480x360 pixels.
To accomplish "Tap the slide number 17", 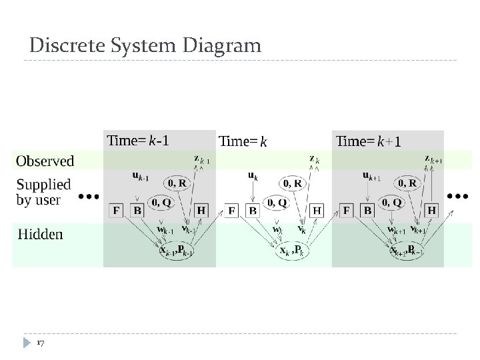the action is [x=41, y=343].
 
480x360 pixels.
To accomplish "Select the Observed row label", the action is [x=45, y=161].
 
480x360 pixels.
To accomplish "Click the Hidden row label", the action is [x=40, y=234].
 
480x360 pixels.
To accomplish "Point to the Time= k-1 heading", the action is [x=138, y=140].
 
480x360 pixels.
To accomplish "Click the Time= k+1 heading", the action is [x=369, y=141].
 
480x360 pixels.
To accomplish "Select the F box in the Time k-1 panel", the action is [x=117, y=211].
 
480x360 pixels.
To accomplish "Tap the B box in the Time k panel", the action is [x=253, y=211].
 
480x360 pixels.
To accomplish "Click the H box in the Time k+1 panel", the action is [x=432, y=211].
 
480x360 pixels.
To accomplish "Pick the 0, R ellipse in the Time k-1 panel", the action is [x=177, y=182].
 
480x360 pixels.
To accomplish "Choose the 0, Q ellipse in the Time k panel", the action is [x=276, y=202].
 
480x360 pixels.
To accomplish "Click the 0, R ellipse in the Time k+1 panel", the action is [x=407, y=182].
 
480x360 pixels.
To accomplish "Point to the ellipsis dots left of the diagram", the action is [x=89, y=197].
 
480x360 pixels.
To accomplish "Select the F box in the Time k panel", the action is [x=232, y=211].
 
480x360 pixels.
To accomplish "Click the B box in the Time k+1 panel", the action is [x=367, y=211].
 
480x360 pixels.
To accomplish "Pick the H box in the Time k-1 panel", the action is [x=201, y=211].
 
